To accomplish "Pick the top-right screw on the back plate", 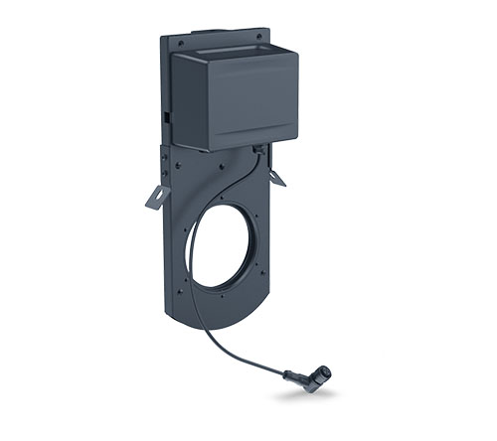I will (261, 36).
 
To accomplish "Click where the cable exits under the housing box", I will (257, 149).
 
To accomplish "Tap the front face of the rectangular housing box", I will (238, 100).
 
